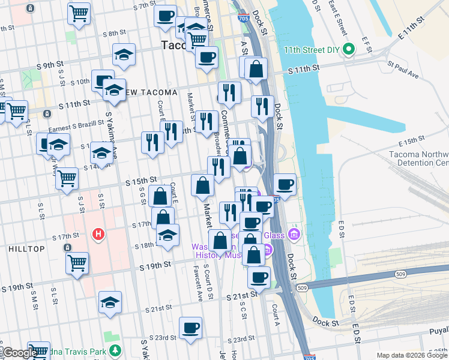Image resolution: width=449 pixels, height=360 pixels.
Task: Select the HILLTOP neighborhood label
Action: coord(26,248)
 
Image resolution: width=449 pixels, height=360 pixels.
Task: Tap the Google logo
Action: coord(20,353)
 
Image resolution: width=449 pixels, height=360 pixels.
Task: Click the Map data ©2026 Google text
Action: coord(412,355)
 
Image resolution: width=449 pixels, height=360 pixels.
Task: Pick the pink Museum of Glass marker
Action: coord(294,233)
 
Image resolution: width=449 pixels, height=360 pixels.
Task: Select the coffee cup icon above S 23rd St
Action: coord(191,328)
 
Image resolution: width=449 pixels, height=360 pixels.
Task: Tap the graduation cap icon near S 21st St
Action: coord(110,302)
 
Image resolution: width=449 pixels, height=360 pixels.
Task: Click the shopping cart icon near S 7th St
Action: coord(79,13)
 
